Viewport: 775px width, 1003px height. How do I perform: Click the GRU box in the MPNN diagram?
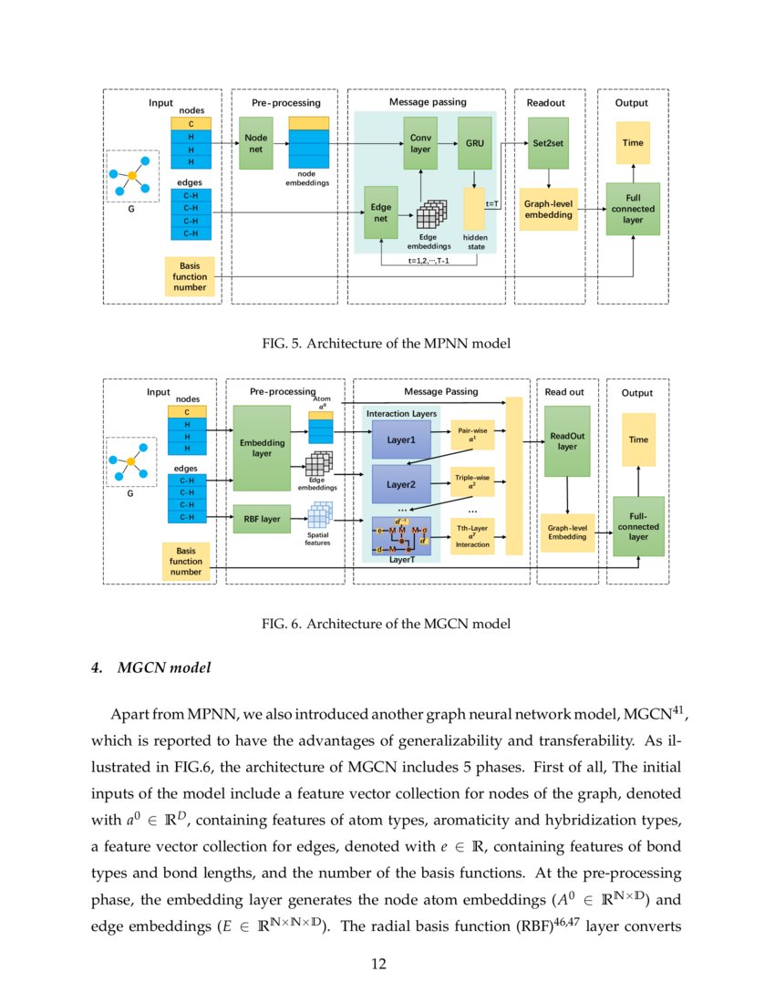pos(474,143)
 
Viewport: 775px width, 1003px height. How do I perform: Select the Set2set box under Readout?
pos(548,143)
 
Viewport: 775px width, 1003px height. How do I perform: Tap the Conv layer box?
pos(419,143)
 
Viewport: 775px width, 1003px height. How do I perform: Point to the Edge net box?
pos(380,212)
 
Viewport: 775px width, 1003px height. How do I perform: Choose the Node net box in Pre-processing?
pos(256,143)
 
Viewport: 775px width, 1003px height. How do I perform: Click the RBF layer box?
pos(262,519)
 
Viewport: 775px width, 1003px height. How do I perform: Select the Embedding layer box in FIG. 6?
pos(262,448)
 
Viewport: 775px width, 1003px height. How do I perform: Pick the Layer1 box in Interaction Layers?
pos(400,439)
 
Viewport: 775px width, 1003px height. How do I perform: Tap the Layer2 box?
pos(400,484)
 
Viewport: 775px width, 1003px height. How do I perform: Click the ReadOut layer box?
pos(567,441)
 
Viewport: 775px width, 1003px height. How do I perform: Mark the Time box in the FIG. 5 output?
pos(632,143)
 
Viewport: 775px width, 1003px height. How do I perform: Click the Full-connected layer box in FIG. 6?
pos(638,527)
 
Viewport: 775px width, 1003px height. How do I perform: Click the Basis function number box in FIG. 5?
pos(191,276)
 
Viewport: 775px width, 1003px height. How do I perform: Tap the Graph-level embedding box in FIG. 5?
pos(548,209)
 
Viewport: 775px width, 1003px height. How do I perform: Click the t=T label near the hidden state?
pos(491,204)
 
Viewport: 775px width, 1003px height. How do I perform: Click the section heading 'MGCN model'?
pos(164,668)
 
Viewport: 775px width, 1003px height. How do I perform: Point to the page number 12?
pos(387,964)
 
